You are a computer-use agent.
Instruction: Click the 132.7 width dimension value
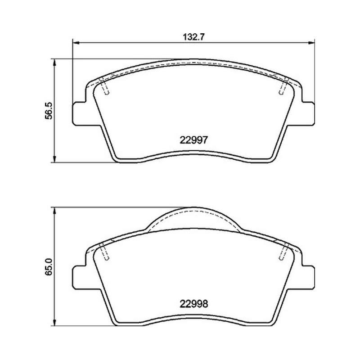tap(193, 37)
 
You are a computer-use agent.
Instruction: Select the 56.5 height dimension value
tap(49, 111)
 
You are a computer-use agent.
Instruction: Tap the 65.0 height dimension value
tap(49, 267)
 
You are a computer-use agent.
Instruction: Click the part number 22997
tap(193, 140)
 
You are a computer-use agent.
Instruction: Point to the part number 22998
tap(193, 304)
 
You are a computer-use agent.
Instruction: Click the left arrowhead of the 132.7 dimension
tap(76, 42)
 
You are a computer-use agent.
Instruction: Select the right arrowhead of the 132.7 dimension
tap(311, 42)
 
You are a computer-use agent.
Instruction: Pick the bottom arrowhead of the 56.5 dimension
tap(54, 159)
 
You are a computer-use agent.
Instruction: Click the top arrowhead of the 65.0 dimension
tap(54, 211)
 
